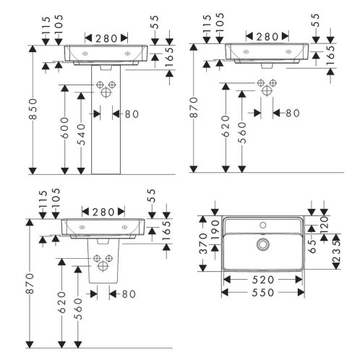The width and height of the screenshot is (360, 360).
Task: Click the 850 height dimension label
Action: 34,108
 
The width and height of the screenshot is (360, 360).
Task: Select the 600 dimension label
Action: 65,128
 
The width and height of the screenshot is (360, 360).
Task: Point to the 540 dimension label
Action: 82,134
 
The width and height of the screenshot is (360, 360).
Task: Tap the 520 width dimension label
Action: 263,280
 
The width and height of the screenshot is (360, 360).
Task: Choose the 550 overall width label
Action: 263,293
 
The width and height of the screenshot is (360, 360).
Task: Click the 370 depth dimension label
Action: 204,244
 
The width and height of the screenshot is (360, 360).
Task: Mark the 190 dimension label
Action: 216,230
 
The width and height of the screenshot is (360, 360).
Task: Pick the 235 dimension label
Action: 336,252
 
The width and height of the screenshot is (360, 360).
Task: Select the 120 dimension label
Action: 325,223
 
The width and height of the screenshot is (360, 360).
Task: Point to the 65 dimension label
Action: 312,247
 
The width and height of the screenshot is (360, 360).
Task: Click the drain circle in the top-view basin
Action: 263,244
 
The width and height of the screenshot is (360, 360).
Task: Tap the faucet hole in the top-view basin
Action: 263,226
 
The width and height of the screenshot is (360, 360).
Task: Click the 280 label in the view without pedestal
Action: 267,37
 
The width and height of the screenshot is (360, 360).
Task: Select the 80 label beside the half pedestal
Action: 129,294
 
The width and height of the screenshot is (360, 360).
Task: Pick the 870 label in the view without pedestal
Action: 194,108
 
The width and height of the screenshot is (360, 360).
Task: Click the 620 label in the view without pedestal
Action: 226,127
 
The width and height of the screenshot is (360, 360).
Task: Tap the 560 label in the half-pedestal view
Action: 79,309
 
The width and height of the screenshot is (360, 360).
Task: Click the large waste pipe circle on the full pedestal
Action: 106,92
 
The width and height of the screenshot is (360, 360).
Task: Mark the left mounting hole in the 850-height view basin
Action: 85,53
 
